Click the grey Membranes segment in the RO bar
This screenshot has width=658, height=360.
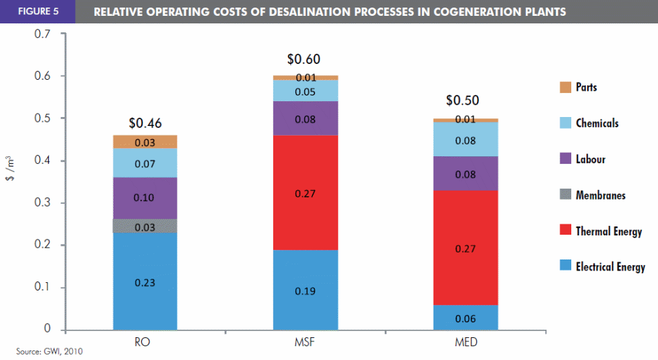[145, 226]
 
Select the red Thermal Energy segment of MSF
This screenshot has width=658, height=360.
[306, 192]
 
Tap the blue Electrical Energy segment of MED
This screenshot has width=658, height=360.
[466, 317]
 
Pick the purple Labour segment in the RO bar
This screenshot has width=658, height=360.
[145, 198]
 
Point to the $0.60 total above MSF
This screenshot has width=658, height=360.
[304, 60]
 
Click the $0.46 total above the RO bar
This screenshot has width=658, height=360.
[145, 123]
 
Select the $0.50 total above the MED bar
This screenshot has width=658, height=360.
[462, 100]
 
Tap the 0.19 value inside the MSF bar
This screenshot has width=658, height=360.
[306, 291]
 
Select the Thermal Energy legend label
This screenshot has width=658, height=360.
[608, 231]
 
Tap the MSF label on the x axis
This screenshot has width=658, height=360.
[306, 341]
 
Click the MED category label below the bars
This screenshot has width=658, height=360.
[466, 341]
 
